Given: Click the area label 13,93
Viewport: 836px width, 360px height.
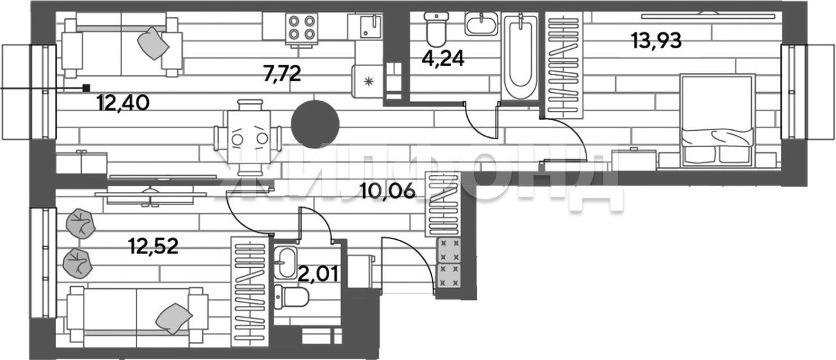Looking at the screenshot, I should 656,41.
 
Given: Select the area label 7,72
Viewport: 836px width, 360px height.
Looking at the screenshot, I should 281,74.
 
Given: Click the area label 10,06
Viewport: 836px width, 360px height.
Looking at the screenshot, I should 387,191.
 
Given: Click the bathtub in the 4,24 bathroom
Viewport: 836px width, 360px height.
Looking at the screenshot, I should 520,59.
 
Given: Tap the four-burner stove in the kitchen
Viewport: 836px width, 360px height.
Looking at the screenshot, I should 301,27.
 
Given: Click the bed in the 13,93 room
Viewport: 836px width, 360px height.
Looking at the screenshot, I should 716,119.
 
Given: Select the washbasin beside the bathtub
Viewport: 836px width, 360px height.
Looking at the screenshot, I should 481,25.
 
